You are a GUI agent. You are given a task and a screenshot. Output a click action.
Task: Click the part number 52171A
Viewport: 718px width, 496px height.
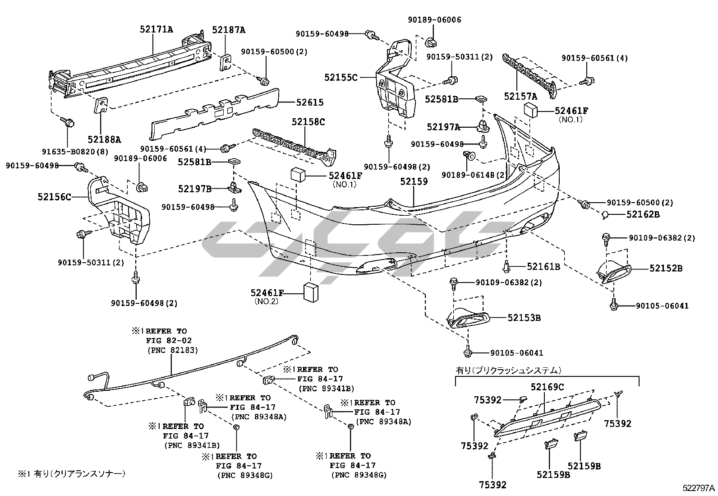(x=156, y=30)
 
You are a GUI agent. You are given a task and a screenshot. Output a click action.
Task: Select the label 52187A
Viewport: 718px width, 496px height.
(x=229, y=30)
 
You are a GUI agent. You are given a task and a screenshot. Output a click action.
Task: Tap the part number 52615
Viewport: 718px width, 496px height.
(x=309, y=102)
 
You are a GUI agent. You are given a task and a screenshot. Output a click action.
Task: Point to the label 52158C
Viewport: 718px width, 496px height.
(x=308, y=121)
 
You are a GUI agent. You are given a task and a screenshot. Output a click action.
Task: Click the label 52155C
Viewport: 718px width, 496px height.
(x=341, y=78)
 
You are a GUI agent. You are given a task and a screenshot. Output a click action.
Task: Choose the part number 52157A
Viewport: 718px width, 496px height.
(x=521, y=96)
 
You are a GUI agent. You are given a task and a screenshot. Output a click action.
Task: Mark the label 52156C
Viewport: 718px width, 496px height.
(x=55, y=196)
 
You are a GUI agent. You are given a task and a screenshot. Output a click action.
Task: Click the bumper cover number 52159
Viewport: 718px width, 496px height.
(x=414, y=181)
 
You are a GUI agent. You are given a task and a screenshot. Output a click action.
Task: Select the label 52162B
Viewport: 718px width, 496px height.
(x=643, y=214)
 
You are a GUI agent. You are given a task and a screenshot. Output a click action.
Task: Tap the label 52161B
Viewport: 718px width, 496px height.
(x=543, y=266)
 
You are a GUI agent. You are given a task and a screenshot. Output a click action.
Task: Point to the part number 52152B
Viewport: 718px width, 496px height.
(x=666, y=268)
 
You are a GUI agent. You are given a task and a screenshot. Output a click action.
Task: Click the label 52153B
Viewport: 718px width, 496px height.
(x=524, y=317)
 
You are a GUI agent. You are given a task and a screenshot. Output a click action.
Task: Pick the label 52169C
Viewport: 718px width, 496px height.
(x=547, y=387)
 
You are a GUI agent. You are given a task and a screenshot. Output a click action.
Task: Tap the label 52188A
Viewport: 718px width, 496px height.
(x=105, y=139)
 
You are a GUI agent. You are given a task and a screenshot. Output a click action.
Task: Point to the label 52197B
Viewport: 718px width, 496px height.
(x=194, y=189)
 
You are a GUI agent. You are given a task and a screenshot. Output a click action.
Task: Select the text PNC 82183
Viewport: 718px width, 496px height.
(x=172, y=350)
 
